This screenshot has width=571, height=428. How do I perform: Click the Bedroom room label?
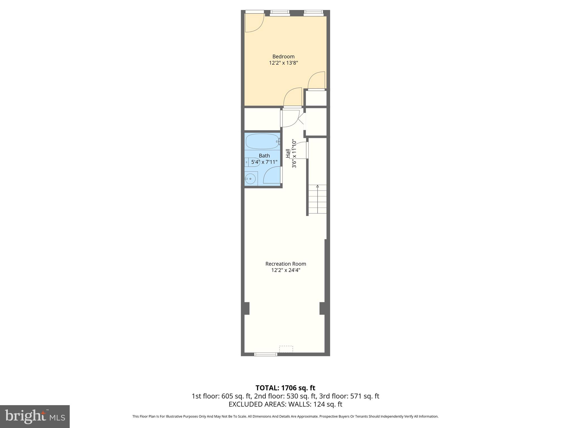(x=283, y=57)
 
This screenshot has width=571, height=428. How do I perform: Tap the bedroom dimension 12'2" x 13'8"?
(x=283, y=63)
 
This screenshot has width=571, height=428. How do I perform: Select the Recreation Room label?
(x=285, y=264)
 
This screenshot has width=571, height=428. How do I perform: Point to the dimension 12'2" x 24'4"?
(x=285, y=270)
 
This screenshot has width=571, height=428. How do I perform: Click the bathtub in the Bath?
(x=262, y=142)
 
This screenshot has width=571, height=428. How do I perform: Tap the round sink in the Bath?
(x=250, y=179)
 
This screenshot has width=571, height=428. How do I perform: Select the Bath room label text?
(x=264, y=155)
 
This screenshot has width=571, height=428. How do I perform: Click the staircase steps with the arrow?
(x=317, y=199)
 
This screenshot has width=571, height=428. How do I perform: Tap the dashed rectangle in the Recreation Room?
(x=286, y=349)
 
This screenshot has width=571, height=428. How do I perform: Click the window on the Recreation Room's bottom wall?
(x=265, y=354)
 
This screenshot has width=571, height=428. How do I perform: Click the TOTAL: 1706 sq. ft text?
(x=285, y=388)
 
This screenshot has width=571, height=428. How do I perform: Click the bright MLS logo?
(x=35, y=416)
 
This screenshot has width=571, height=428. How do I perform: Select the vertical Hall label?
(x=288, y=153)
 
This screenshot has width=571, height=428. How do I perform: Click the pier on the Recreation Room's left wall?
(x=245, y=308)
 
